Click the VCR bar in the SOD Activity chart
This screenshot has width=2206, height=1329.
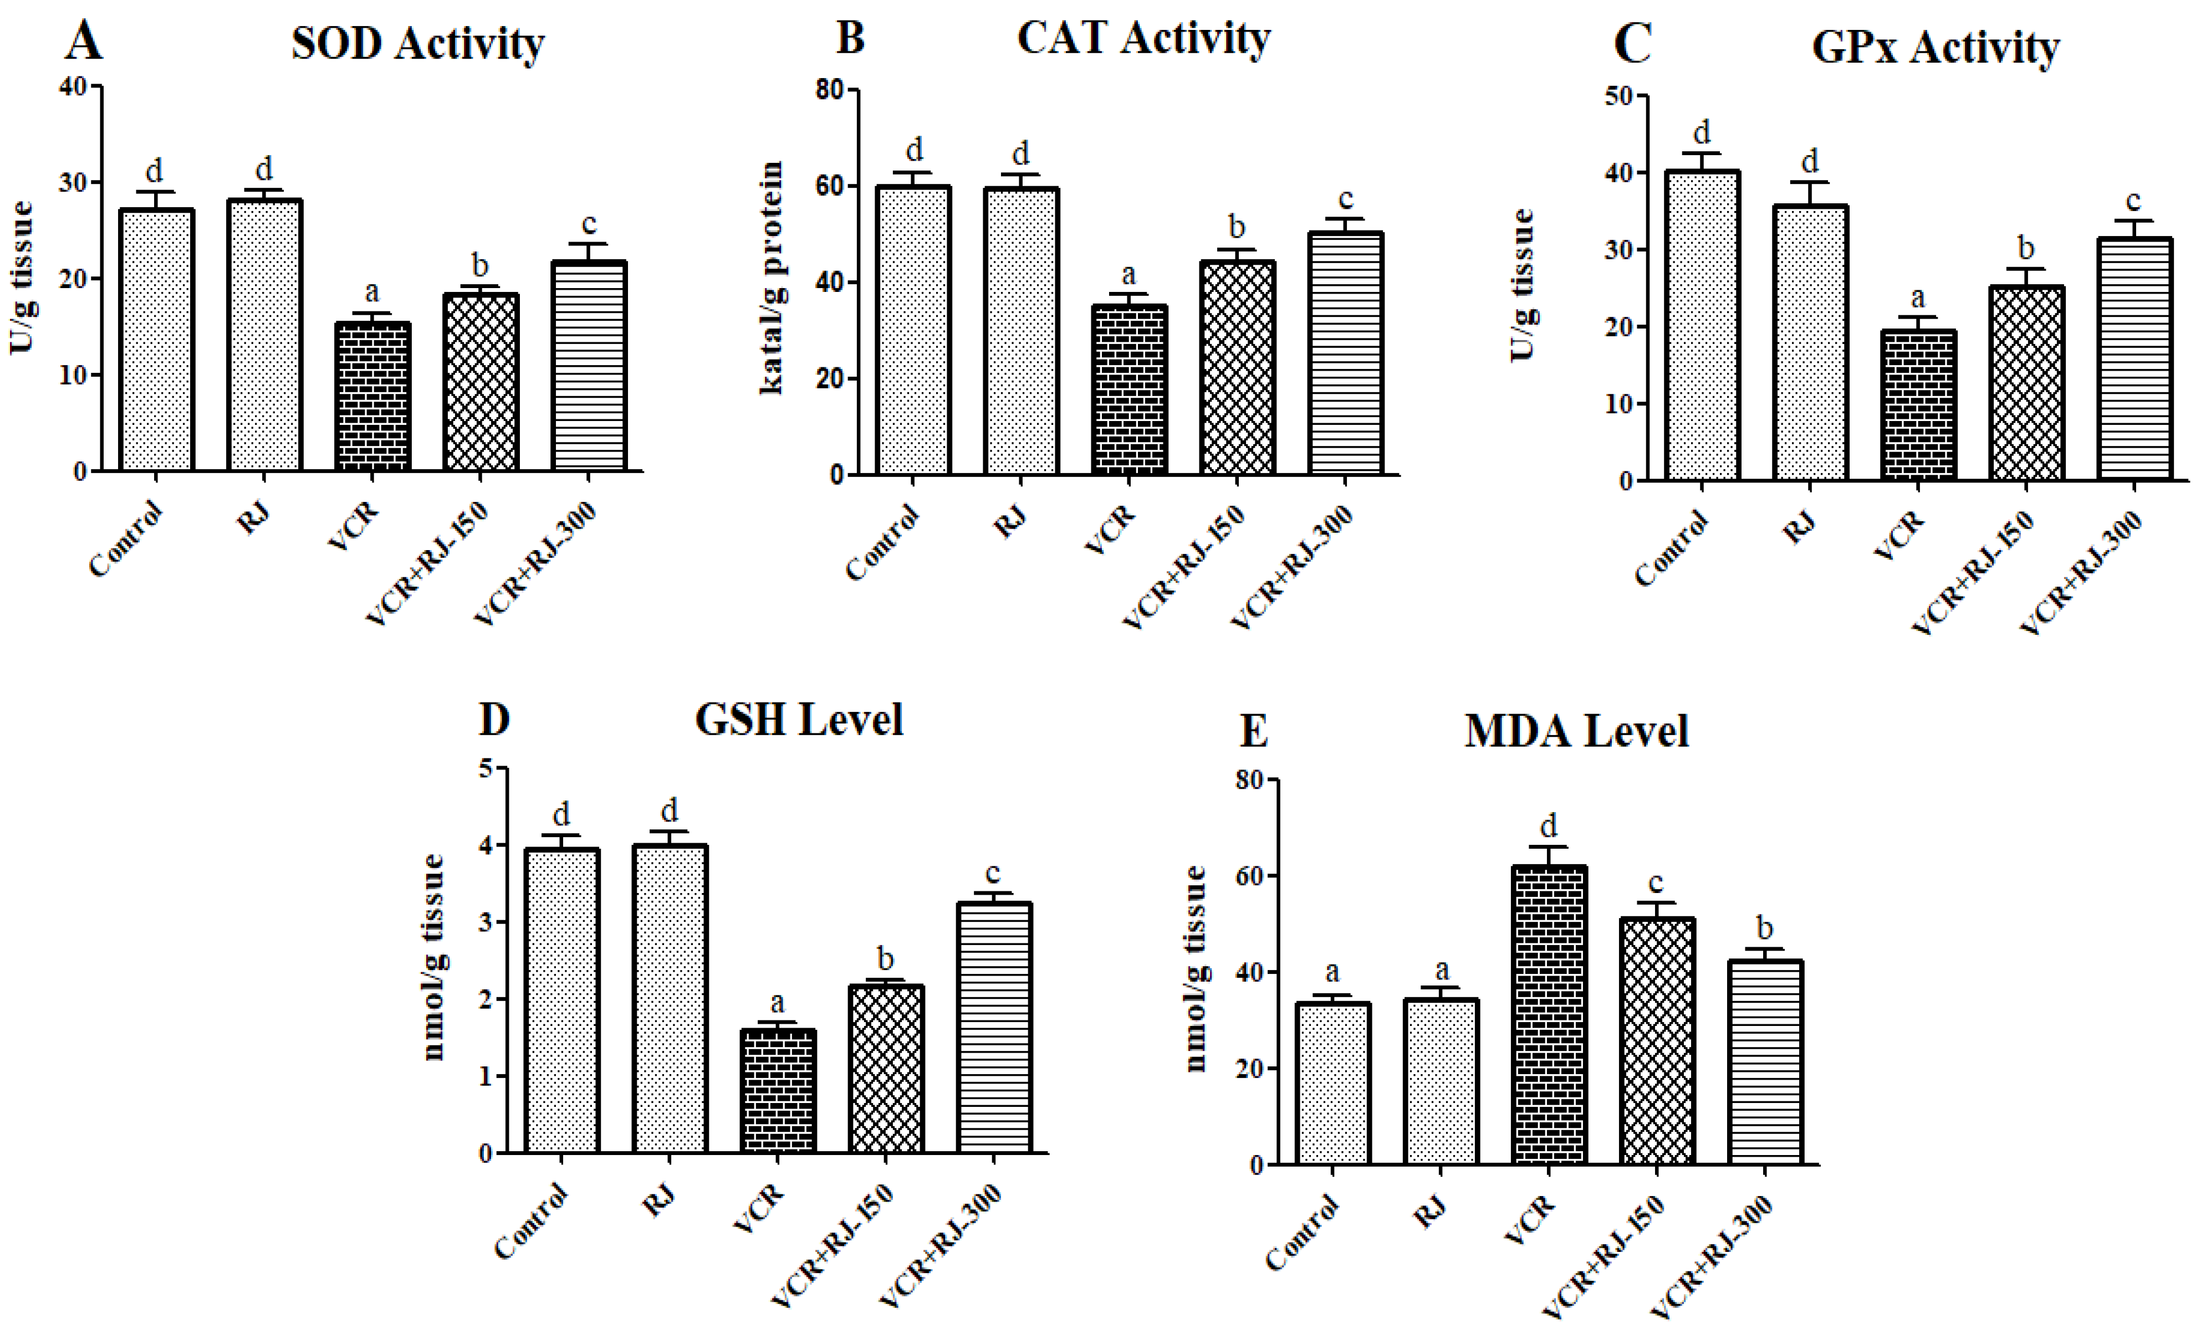pyautogui.click(x=372, y=397)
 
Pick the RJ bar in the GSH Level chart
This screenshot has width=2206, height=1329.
pyautogui.click(x=670, y=998)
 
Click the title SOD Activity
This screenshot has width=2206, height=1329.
pyautogui.click(x=417, y=43)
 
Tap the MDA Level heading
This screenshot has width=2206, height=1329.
pyautogui.click(x=1576, y=731)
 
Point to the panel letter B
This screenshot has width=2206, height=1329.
pyautogui.click(x=850, y=38)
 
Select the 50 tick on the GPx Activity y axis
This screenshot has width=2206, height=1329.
pyautogui.click(x=1618, y=96)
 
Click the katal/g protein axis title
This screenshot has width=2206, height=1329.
pyautogui.click(x=772, y=278)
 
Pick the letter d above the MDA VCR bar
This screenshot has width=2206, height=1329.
pyautogui.click(x=1549, y=824)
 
